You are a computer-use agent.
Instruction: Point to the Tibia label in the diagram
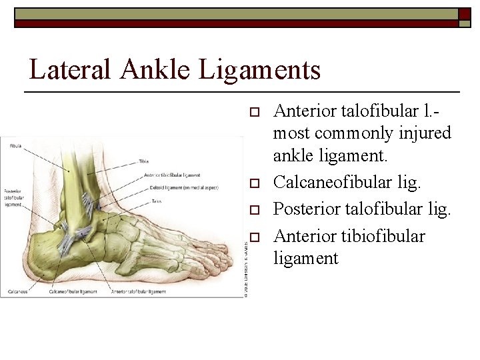(x=143, y=161)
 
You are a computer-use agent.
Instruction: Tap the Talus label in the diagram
(x=157, y=201)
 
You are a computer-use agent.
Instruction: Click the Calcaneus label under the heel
(x=19, y=291)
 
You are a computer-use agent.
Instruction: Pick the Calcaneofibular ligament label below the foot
(x=73, y=291)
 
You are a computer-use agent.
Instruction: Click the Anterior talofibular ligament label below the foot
(x=139, y=291)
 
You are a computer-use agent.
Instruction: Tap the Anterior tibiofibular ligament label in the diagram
(x=172, y=175)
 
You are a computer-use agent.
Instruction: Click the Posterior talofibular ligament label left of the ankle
(x=14, y=198)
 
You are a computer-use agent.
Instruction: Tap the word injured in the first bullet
(x=424, y=133)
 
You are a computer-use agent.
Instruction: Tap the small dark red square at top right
(x=464, y=15)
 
